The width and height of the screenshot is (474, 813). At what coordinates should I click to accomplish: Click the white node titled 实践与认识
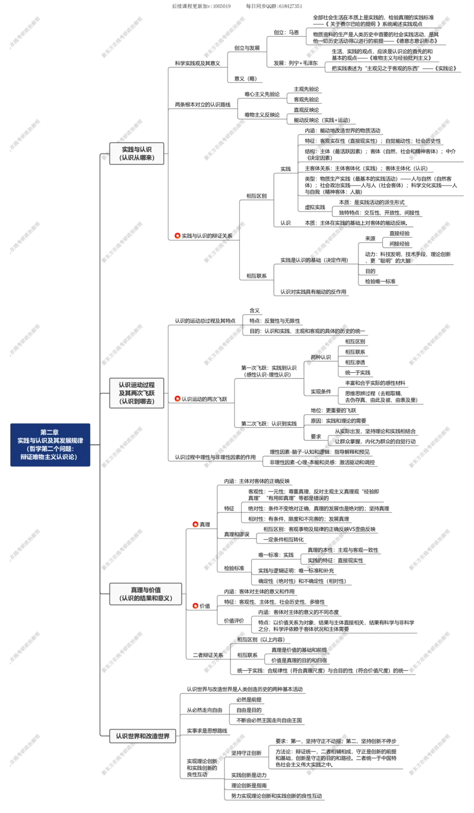137,149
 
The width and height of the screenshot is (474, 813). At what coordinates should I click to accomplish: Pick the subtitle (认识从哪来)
137,158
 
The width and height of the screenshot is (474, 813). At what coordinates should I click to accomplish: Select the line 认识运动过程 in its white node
137,385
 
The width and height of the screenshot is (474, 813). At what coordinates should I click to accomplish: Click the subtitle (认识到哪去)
137,401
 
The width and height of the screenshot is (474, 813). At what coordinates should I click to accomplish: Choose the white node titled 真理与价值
146,590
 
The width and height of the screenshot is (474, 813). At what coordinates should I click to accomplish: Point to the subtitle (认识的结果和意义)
146,598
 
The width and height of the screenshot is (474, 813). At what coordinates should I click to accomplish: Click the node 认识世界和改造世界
143,736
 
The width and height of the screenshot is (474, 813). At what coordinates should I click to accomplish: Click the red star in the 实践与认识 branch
177,236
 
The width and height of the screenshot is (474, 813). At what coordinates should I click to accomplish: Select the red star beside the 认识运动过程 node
177,398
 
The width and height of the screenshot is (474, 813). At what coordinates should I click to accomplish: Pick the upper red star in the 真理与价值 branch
196,524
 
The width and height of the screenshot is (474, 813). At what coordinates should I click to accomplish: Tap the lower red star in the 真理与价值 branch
196,606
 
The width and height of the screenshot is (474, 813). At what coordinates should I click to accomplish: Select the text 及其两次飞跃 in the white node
137,393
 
